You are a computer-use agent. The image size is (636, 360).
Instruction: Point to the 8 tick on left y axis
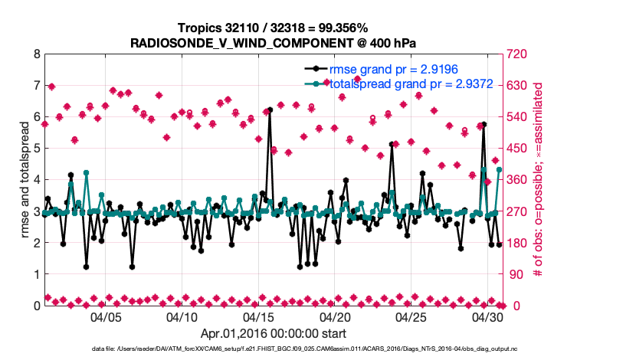36,54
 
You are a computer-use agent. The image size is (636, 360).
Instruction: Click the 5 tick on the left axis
36,149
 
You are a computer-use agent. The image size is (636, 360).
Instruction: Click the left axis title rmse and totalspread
24,180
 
